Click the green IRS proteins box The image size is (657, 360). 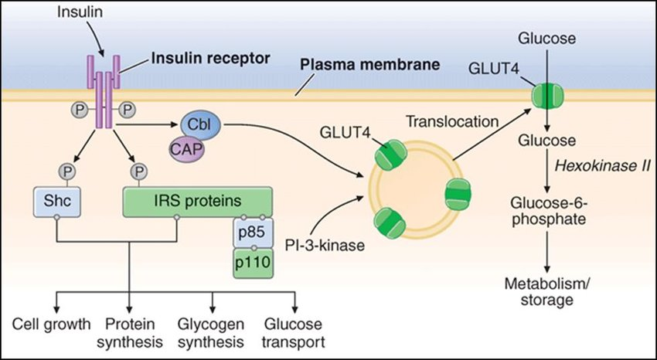197,200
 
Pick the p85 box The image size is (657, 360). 252,232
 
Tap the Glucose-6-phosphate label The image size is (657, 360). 547,210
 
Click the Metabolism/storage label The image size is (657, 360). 547,290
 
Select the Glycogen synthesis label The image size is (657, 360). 211,331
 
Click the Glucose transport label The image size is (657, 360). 293,331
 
